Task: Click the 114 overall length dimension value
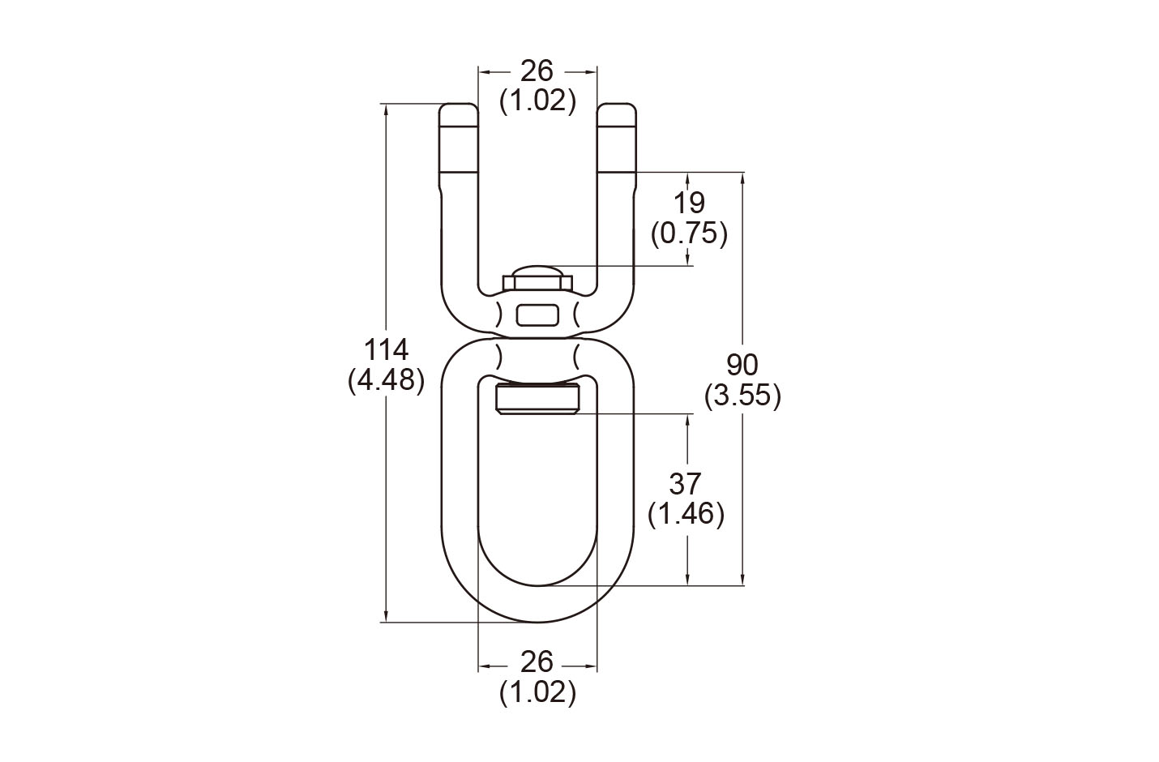(x=387, y=349)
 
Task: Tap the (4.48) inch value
(x=387, y=380)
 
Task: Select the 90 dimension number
(x=742, y=365)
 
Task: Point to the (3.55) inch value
(x=742, y=396)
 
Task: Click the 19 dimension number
(x=689, y=203)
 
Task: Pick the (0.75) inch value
(x=689, y=234)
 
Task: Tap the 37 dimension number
(x=686, y=484)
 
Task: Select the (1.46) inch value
(x=686, y=515)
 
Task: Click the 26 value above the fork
(x=537, y=71)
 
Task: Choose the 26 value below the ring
(x=537, y=662)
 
